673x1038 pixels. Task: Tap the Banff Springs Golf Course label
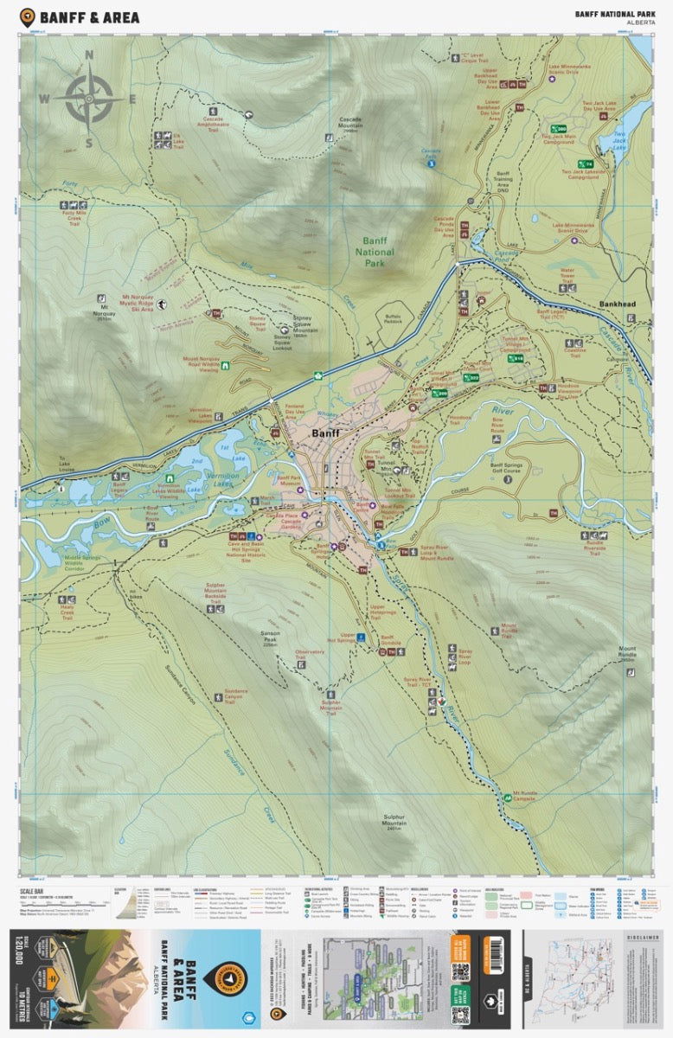pyautogui.click(x=513, y=470)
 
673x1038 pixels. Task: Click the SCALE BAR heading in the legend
pyautogui.click(x=34, y=888)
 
